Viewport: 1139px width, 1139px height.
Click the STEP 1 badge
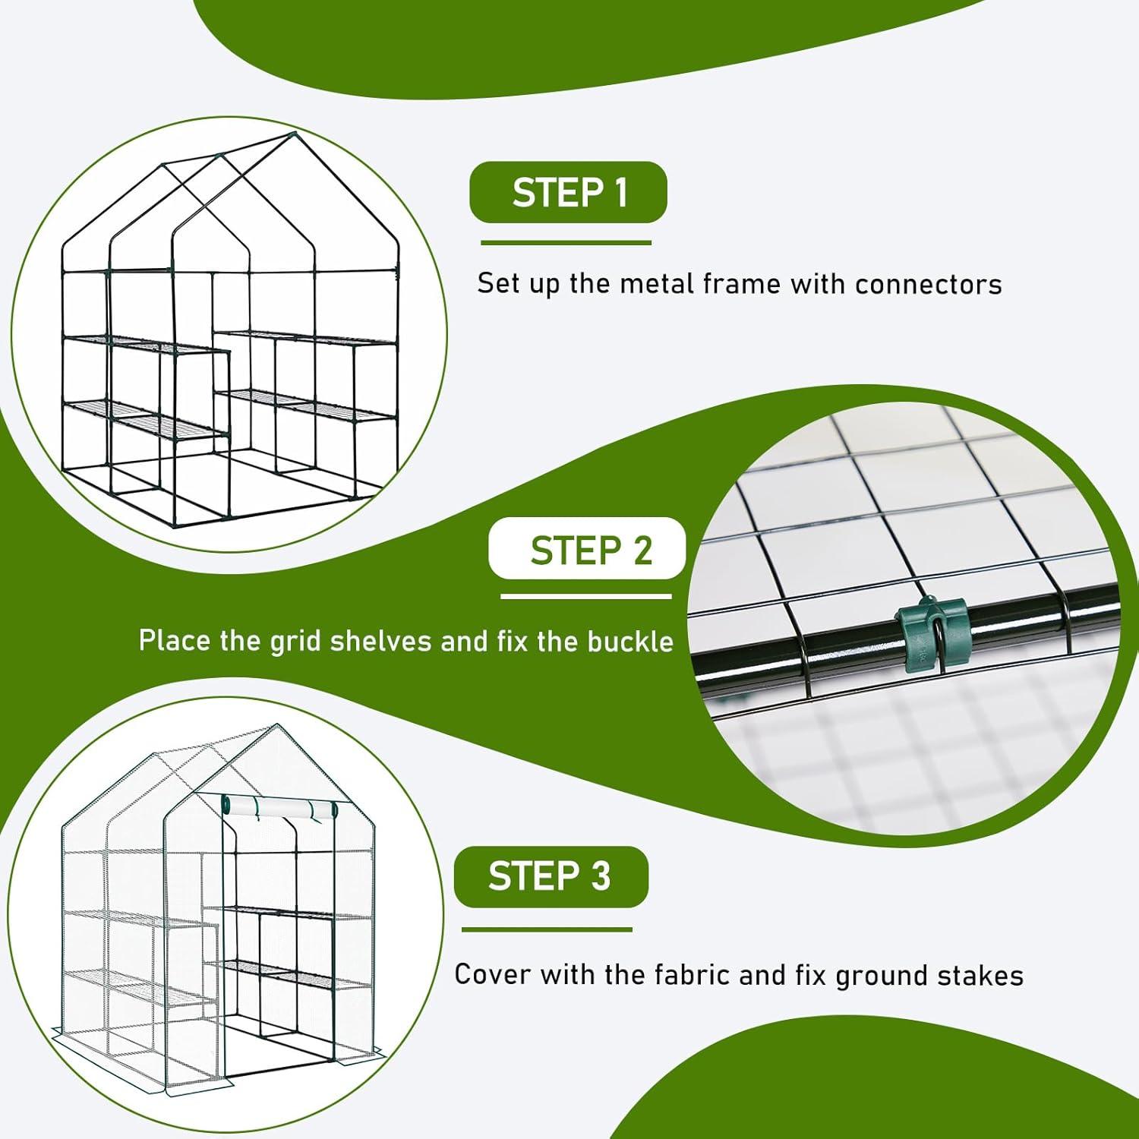(568, 192)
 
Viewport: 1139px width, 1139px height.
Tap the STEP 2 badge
(587, 549)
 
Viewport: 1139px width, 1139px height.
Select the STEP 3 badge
(551, 876)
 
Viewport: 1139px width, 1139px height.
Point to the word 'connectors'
(928, 284)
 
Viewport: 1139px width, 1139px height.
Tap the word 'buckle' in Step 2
(630, 642)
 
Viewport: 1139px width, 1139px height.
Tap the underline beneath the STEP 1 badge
(566, 243)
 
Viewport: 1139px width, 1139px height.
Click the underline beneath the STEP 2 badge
(585, 596)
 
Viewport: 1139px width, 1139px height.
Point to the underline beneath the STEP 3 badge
(547, 929)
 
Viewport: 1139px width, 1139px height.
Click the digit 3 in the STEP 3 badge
(601, 876)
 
